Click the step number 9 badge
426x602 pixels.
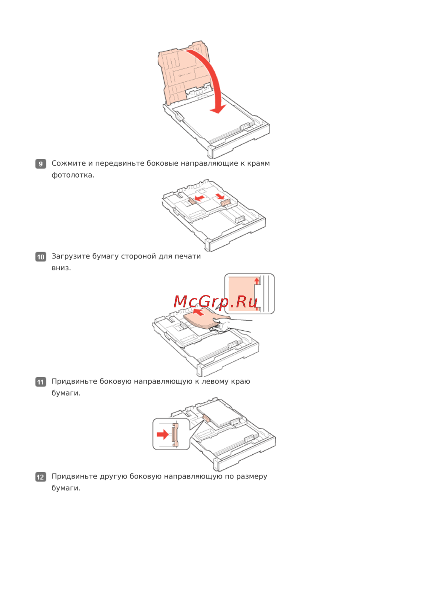click(x=40, y=163)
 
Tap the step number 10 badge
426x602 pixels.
click(x=40, y=257)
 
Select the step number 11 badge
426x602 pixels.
click(x=40, y=382)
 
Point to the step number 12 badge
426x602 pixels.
click(x=40, y=477)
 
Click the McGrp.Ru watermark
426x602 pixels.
click(x=216, y=301)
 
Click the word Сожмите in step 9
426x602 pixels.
click(x=69, y=163)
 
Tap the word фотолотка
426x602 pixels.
click(x=73, y=175)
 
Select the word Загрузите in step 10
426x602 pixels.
click(x=71, y=256)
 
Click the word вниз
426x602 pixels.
click(x=61, y=268)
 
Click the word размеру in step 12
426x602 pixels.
click(x=251, y=476)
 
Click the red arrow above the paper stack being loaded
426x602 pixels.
click(x=199, y=312)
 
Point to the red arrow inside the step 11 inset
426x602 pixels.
click(x=163, y=434)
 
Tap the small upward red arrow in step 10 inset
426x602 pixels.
click(x=257, y=281)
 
